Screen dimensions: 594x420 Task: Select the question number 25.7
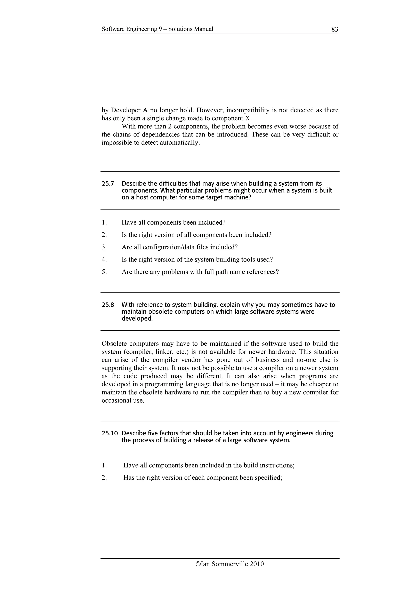point(108,184)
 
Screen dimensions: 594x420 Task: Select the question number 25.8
point(108,305)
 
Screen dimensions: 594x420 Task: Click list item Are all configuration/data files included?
point(179,247)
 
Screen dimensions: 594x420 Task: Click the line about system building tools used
point(197,259)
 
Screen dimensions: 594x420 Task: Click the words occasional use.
point(123,401)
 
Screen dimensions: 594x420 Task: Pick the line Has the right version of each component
point(202,478)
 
